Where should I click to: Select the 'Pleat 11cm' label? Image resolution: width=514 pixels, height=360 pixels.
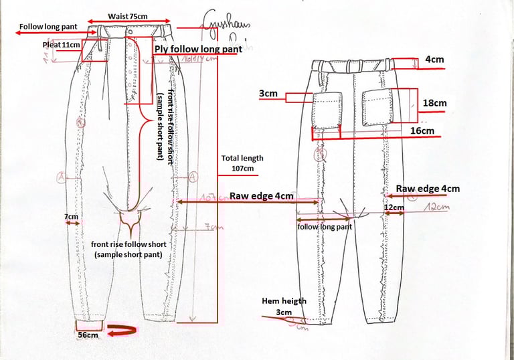(x=61, y=45)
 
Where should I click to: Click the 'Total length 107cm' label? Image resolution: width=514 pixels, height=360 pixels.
(x=242, y=163)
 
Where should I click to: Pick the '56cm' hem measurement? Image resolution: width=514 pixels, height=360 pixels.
(x=88, y=334)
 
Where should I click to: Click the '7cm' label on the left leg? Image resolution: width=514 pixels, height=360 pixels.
(x=71, y=217)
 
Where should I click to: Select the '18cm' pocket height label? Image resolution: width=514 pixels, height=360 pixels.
(x=434, y=103)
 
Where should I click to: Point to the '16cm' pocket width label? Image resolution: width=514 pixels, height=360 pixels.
(x=422, y=131)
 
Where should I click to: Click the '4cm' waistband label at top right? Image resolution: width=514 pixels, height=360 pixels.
(x=434, y=60)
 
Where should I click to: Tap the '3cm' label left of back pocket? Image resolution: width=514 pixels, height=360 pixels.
(x=268, y=94)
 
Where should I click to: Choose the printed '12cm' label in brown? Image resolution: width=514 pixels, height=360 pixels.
(x=394, y=208)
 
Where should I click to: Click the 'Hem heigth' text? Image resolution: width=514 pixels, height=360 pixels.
(x=284, y=301)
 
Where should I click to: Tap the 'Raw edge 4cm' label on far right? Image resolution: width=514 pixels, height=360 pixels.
(x=428, y=189)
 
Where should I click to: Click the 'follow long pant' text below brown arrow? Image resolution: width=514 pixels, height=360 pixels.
(x=325, y=228)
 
